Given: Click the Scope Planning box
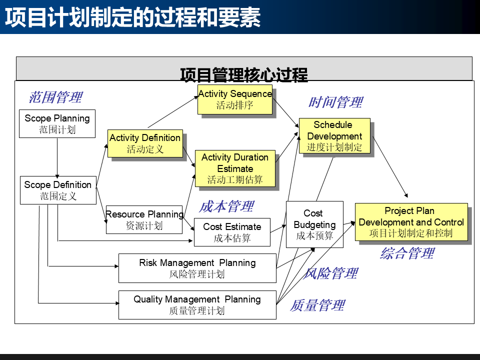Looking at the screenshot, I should [57, 124].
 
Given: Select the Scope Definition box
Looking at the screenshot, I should [58, 190].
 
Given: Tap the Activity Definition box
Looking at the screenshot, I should [145, 143].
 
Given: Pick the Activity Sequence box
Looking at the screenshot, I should [235, 99].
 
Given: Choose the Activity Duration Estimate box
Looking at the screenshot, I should [235, 168].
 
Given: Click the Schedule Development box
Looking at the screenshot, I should [334, 135].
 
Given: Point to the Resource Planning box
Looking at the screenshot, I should [144, 219].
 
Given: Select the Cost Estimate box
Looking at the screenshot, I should [232, 232].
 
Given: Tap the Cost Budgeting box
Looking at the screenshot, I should [314, 224].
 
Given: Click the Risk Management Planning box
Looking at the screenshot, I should [197, 268].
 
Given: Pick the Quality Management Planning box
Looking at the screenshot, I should [197, 304].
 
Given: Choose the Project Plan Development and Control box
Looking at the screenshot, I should [411, 221].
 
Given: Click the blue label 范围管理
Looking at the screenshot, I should [55, 97].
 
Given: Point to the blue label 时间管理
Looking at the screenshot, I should [335, 102].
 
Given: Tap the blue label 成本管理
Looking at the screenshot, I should [226, 206].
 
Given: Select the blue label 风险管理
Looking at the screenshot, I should [330, 273].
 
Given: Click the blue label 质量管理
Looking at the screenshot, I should [317, 305].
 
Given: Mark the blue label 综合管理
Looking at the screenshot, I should [407, 253].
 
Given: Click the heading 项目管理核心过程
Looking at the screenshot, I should [244, 75].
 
